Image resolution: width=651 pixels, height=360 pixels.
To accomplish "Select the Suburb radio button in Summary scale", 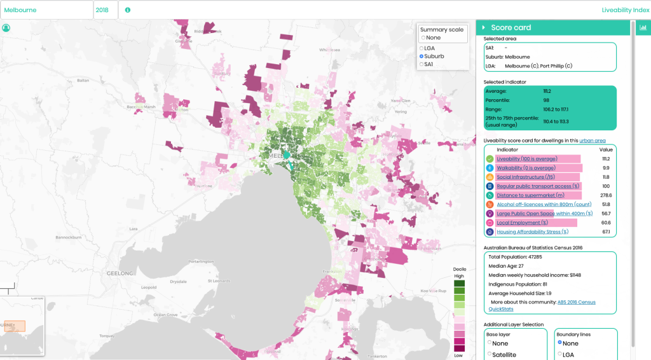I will (x=422, y=57).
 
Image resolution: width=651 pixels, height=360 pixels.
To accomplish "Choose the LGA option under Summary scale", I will (x=422, y=48).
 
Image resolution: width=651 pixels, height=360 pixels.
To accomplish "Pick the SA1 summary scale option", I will (x=422, y=64).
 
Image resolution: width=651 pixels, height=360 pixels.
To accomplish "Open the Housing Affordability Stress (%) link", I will (x=532, y=232).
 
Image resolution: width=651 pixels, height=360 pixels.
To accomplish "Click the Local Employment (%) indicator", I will (x=522, y=223).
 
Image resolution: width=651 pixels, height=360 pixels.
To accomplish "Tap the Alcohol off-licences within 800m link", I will (x=544, y=205).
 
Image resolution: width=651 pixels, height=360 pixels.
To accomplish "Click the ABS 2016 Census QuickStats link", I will (x=576, y=302).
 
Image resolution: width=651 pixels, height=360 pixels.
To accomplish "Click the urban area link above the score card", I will (x=593, y=141).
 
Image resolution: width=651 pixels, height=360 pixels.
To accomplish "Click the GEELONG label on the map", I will (x=120, y=273).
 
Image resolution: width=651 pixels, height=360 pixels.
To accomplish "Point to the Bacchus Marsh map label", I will (x=140, y=107).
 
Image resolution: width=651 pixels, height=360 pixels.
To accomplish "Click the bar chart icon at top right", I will (x=643, y=27).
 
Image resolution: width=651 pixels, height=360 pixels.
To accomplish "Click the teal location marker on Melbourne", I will (x=287, y=156).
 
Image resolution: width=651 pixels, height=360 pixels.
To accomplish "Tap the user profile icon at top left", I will (x=6, y=28).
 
